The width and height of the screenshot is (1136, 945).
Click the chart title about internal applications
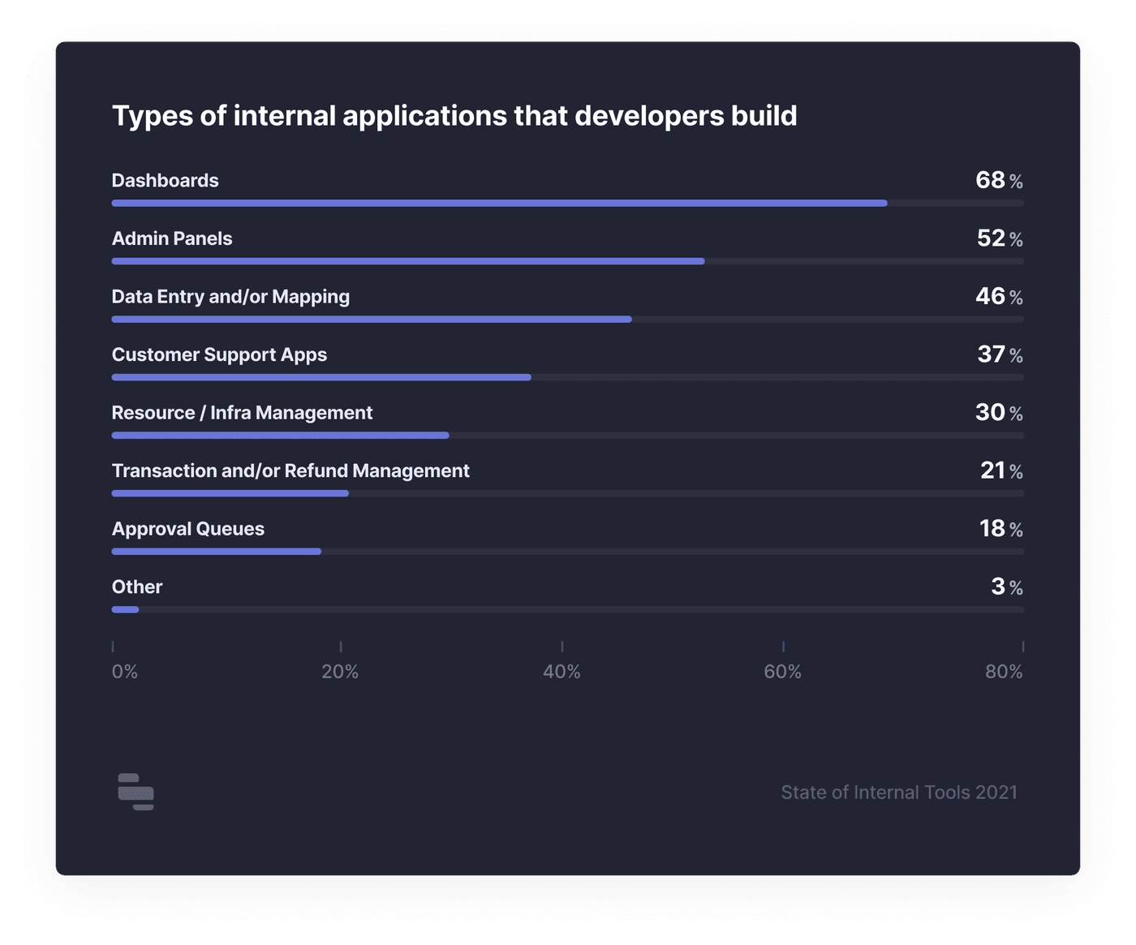tap(454, 116)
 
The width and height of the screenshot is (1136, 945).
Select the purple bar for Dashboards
tap(499, 203)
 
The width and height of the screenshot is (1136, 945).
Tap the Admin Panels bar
tap(407, 261)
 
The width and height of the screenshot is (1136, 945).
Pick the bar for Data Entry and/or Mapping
tap(371, 320)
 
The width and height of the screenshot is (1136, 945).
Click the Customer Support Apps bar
tap(321, 377)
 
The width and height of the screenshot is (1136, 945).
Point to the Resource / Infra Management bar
tap(280, 436)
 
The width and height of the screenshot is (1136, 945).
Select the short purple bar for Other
tap(125, 609)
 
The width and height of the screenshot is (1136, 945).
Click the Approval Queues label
tap(188, 529)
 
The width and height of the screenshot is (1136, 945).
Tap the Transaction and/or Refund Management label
tap(290, 470)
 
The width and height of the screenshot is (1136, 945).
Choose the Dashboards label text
tap(165, 180)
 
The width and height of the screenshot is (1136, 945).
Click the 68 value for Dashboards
tap(991, 180)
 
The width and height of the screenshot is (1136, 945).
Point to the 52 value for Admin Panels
tap(992, 238)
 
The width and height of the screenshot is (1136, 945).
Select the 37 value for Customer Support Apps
tap(992, 354)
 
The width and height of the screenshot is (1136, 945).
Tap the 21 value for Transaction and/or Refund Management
tap(993, 470)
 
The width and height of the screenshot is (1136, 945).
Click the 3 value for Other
tap(998, 586)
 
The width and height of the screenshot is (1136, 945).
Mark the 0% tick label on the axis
tap(125, 672)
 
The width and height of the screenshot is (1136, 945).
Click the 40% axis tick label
tap(562, 672)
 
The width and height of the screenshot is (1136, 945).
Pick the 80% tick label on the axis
tap(1004, 672)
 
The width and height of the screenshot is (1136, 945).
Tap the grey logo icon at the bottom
tap(136, 792)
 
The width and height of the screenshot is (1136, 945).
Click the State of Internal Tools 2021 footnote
tap(899, 793)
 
